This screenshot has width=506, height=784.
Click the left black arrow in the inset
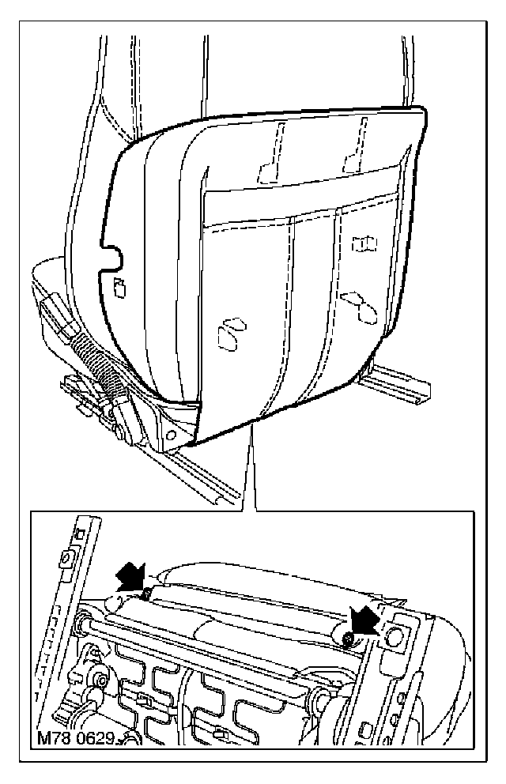(131, 577)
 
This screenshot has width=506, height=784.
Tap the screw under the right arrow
(348, 637)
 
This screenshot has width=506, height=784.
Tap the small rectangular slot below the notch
(119, 288)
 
